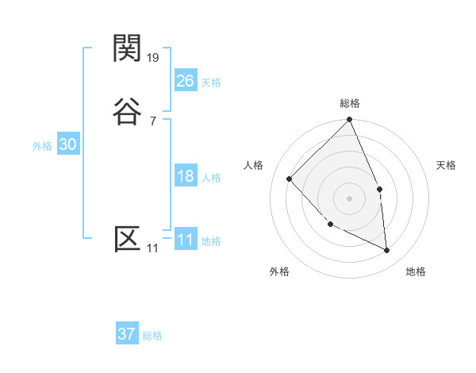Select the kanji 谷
(x=127, y=111)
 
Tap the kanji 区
(x=127, y=239)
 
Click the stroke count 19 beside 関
(x=154, y=58)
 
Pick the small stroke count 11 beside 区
(x=152, y=249)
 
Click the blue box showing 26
(x=185, y=81)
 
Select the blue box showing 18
(x=185, y=176)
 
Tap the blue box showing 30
(x=67, y=144)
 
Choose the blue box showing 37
(x=126, y=334)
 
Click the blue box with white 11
(x=185, y=240)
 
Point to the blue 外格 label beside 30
(x=42, y=146)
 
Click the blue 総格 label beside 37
(x=152, y=336)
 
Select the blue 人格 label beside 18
(x=212, y=178)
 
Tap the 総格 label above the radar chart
(x=350, y=103)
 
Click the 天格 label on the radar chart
(x=447, y=165)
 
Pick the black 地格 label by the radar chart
(x=416, y=271)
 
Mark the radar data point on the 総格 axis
(x=350, y=120)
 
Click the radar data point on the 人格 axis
(x=290, y=179)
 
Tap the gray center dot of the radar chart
(x=350, y=198)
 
